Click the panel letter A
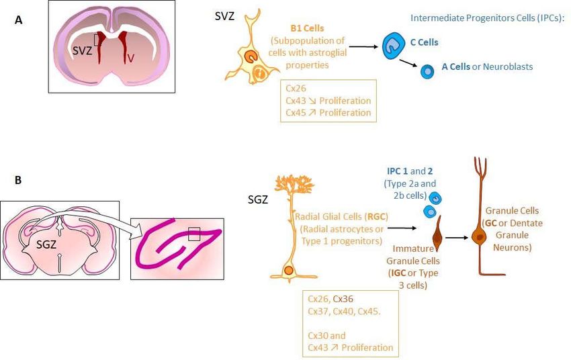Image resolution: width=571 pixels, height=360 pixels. (19, 20)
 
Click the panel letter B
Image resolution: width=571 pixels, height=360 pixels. (18, 180)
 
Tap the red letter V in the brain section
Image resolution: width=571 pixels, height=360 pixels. (131, 58)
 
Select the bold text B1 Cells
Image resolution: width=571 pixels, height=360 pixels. (307, 28)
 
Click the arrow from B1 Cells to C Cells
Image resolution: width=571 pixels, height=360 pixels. (363, 46)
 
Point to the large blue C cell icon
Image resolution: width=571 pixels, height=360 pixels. (393, 46)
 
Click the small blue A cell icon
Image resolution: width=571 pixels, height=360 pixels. (427, 71)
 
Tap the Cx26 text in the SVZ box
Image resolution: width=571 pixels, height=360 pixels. (296, 89)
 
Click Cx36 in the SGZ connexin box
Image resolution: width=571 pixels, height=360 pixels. (343, 299)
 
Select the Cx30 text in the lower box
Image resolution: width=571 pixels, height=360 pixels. (318, 335)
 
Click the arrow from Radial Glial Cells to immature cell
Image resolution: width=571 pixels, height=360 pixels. (402, 228)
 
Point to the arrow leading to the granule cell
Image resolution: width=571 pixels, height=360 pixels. (457, 238)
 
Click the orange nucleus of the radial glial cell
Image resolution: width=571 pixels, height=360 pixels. (289, 271)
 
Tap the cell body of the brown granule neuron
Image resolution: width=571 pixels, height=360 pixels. (479, 236)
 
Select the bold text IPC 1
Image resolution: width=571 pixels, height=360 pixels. (397, 171)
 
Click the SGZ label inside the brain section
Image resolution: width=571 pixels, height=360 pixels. (46, 244)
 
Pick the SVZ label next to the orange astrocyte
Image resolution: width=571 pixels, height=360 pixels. (224, 16)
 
